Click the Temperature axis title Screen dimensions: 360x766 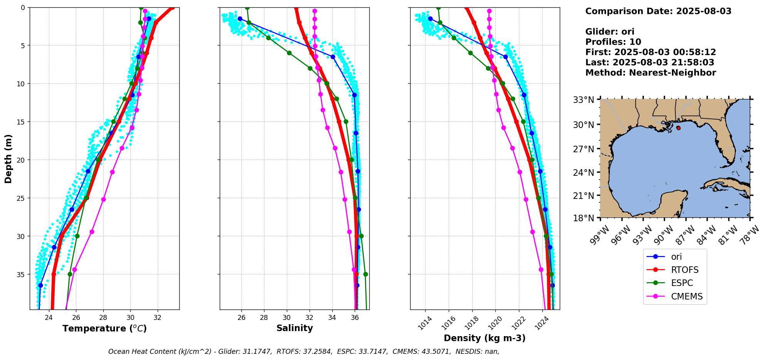coord(104,328)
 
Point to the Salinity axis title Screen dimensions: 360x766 coord(295,328)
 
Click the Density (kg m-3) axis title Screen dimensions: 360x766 coord(485,338)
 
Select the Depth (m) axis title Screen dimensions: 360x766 coord(8,159)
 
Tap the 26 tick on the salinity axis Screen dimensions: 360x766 coord(241,318)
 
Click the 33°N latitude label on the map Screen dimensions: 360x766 coord(583,100)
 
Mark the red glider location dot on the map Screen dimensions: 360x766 coord(678,128)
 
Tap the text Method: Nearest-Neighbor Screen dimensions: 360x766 coord(650,72)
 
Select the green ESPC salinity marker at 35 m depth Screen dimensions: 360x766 coord(365,274)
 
